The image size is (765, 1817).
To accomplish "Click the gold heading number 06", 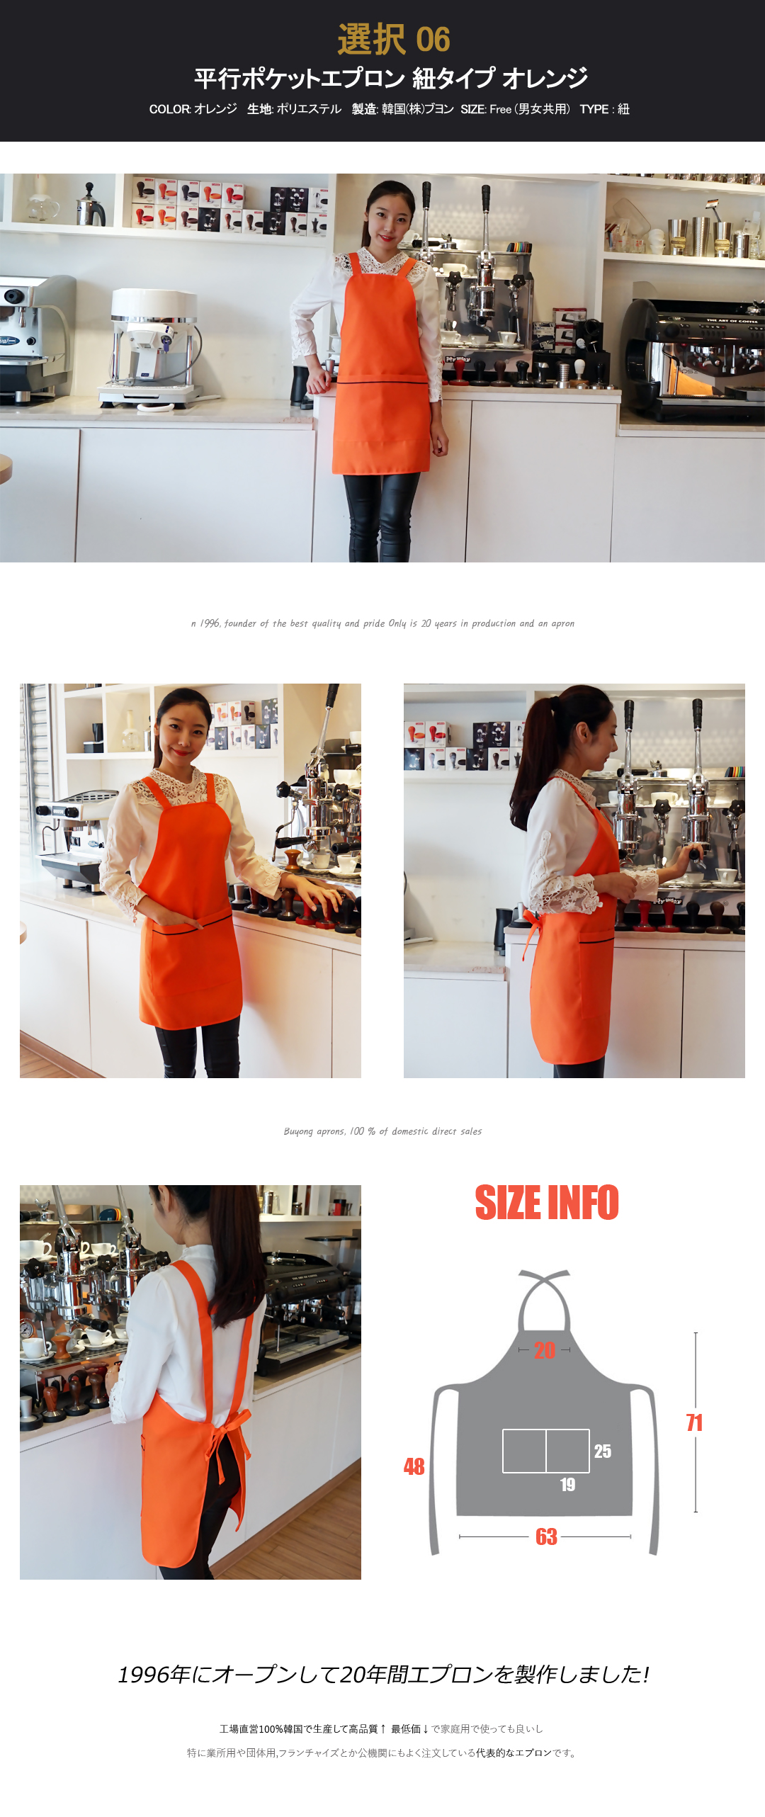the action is [433, 40].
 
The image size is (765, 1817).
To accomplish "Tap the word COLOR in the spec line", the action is [170, 109].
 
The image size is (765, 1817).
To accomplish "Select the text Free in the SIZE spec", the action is [500, 109].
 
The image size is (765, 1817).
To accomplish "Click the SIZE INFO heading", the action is [547, 1203].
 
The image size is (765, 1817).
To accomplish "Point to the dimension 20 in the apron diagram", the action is [545, 1350].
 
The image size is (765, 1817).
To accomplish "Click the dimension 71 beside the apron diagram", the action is [694, 1422].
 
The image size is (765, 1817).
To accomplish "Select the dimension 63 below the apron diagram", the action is [546, 1536].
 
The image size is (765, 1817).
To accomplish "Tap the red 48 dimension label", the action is [414, 1466].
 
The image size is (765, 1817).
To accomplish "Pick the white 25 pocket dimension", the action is [603, 1451].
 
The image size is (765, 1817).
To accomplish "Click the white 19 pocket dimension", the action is [567, 1485].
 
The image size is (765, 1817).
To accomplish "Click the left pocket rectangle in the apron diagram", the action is [524, 1451].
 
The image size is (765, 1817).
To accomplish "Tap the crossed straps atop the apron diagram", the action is [544, 1279].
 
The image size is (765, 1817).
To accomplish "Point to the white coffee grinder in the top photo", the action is [152, 347].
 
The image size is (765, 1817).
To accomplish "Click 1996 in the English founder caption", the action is [210, 623].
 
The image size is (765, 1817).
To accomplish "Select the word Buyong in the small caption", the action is [297, 1132].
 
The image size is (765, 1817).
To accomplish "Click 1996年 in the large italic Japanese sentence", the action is [154, 1674].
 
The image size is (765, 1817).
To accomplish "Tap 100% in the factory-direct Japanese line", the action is [271, 1729].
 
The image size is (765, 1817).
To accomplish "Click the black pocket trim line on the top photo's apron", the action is [382, 383].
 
